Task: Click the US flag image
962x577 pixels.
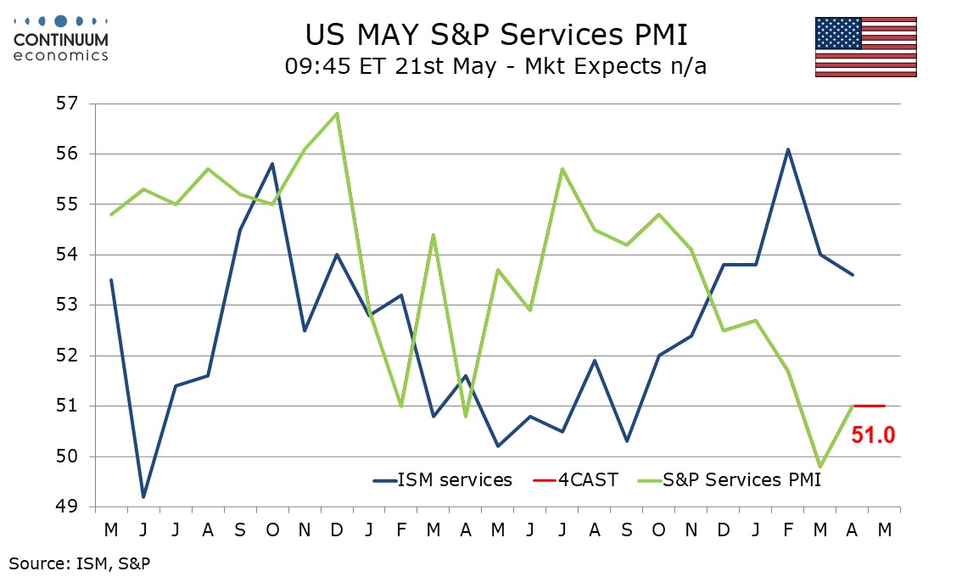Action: tap(865, 48)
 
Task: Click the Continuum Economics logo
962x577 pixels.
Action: tap(61, 39)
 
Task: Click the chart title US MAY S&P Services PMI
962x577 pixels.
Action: tap(496, 35)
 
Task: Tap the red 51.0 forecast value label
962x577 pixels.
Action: tap(873, 435)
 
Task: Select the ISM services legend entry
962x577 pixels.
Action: tap(442, 479)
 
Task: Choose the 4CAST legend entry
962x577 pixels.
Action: tap(575, 479)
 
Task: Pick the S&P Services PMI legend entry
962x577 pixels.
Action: tap(730, 479)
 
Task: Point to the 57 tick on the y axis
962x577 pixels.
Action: tap(68, 104)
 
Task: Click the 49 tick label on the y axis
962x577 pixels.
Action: tap(68, 507)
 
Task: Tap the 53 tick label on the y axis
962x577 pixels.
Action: tap(68, 305)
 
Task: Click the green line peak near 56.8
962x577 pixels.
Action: tap(337, 114)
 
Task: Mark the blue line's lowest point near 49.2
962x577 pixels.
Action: tap(143, 496)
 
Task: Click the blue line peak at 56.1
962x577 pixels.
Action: tap(788, 149)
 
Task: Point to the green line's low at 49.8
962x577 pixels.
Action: tap(820, 468)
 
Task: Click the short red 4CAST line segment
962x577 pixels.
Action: tap(869, 406)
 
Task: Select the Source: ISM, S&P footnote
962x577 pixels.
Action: tap(79, 563)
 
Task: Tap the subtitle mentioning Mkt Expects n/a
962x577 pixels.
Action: tap(495, 66)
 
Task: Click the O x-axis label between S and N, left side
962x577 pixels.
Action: tap(272, 529)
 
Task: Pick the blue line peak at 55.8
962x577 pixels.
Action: tap(272, 164)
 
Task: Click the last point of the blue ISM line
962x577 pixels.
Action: tap(853, 274)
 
